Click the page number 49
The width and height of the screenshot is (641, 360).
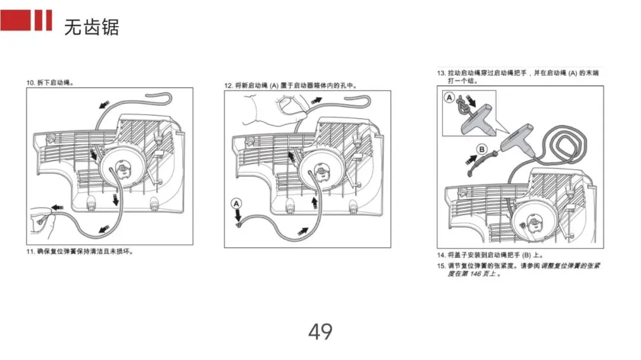[x=320, y=332]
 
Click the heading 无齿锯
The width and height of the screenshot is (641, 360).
[x=92, y=27]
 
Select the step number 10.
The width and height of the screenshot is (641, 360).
[x=30, y=82]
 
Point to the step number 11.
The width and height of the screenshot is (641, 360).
[x=30, y=251]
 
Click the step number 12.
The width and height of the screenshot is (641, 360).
[x=228, y=86]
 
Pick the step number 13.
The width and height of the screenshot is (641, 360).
[x=441, y=73]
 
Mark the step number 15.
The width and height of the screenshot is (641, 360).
[x=441, y=266]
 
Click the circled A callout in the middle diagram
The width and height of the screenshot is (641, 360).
[x=237, y=203]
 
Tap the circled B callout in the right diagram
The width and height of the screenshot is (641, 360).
[x=482, y=148]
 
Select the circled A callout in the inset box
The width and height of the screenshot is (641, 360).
[x=449, y=97]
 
